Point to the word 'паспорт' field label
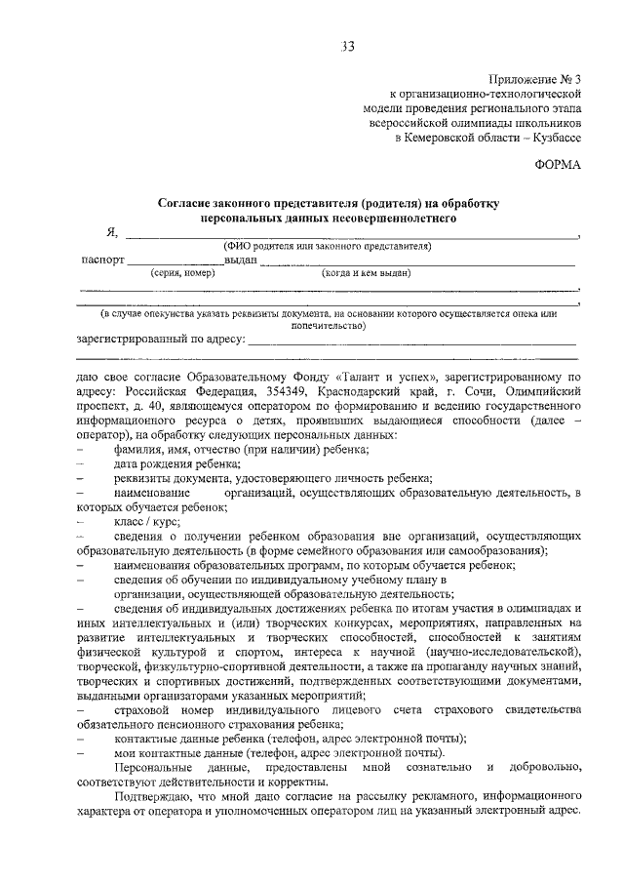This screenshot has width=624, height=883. coord(102,261)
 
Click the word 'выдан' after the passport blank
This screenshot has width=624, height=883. coord(240,261)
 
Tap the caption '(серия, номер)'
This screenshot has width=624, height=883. coord(182,273)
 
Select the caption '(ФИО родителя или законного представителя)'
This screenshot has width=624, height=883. coord(327,246)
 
